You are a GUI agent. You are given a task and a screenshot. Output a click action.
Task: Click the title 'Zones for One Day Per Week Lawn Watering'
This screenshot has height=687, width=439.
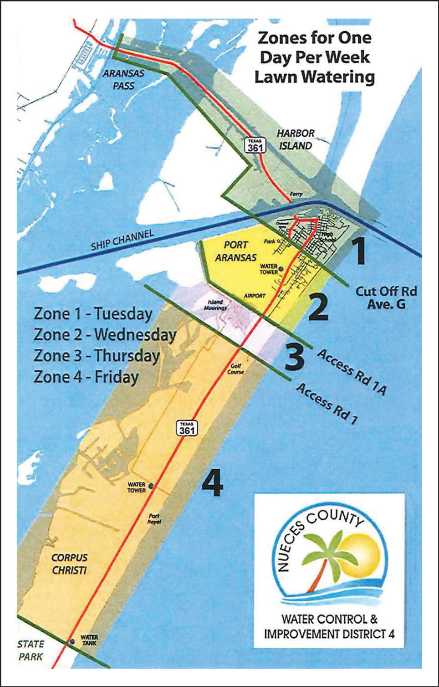(314, 57)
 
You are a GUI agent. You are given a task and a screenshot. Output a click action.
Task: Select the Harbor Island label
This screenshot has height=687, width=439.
(296, 139)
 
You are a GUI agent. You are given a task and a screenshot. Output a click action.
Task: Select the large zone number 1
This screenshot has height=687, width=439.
(360, 252)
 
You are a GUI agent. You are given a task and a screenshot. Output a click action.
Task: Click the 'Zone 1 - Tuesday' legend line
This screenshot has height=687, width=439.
(92, 314)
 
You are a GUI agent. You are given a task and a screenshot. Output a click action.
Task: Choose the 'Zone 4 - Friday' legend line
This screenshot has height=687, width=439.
(86, 377)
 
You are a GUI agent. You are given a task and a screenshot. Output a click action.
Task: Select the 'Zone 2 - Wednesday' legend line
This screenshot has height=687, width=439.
(104, 335)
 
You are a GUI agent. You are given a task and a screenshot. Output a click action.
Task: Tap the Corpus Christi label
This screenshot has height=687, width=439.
(69, 564)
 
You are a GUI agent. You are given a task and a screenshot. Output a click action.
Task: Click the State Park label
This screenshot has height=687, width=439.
(31, 650)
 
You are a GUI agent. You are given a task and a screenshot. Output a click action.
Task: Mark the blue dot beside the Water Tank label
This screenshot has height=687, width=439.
(71, 641)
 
